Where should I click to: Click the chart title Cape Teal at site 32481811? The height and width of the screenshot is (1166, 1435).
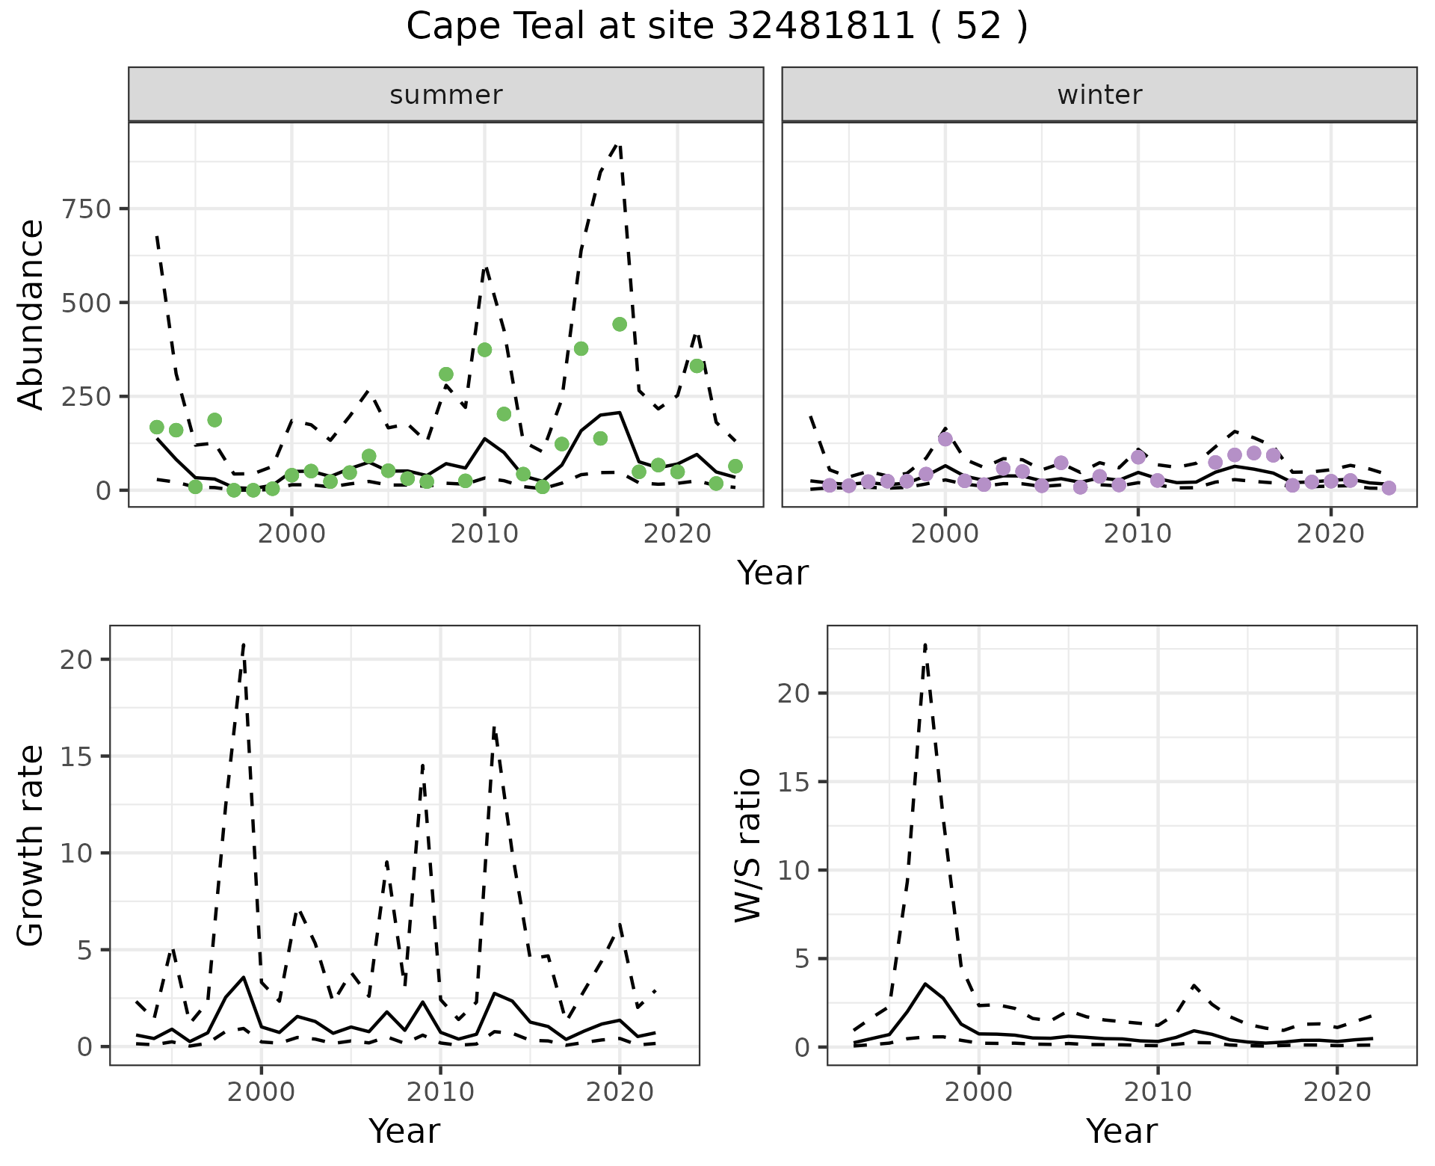(x=717, y=27)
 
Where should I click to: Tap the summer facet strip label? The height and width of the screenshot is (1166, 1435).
(x=446, y=95)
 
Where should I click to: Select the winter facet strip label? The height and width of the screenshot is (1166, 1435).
(x=1099, y=95)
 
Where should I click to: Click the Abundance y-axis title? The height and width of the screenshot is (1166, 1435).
(x=31, y=314)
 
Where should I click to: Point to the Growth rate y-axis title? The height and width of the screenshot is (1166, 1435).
(x=31, y=845)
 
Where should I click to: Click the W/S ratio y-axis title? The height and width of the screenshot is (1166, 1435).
(x=748, y=845)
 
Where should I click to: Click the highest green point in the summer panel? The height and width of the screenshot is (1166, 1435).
(x=620, y=324)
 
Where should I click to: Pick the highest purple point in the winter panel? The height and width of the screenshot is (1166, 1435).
(x=945, y=439)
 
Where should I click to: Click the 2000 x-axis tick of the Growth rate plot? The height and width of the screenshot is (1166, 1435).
(x=262, y=1091)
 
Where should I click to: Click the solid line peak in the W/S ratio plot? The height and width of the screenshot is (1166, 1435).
(x=925, y=984)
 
